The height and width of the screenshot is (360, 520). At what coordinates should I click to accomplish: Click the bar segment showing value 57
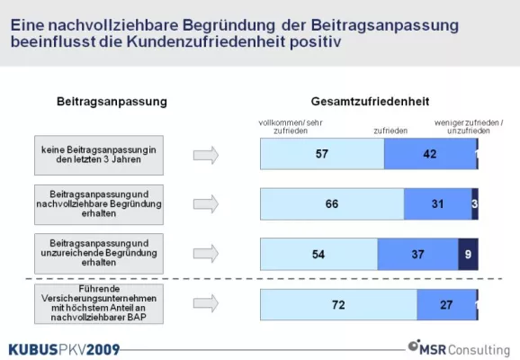pyautogui.click(x=321, y=154)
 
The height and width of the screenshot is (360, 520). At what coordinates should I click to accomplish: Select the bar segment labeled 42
pyautogui.click(x=429, y=154)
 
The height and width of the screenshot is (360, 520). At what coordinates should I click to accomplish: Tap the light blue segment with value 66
pyautogui.click(x=331, y=204)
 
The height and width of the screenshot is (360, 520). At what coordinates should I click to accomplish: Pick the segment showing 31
pyautogui.click(x=437, y=204)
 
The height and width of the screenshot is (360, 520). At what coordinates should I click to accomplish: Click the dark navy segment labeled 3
pyautogui.click(x=475, y=204)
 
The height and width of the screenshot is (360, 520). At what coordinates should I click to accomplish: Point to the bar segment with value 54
pyautogui.click(x=318, y=255)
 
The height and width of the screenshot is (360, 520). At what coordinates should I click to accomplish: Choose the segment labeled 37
pyautogui.click(x=417, y=255)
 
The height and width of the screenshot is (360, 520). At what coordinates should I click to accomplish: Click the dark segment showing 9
pyautogui.click(x=468, y=255)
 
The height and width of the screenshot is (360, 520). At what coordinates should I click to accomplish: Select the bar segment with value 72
pyautogui.click(x=337, y=305)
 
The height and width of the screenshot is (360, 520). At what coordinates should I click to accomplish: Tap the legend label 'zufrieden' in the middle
pyautogui.click(x=390, y=131)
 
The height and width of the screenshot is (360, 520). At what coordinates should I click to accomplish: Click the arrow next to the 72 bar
pyautogui.click(x=206, y=305)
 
